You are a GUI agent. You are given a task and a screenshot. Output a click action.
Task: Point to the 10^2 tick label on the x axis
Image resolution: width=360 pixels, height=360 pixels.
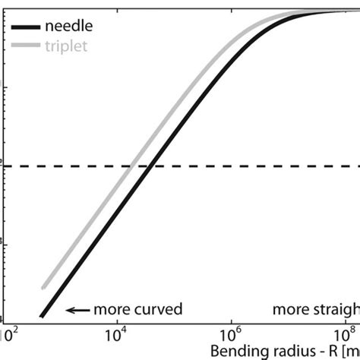coord(8,333)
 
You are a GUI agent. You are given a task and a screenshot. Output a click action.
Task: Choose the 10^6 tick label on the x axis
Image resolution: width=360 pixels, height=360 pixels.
coord(230,333)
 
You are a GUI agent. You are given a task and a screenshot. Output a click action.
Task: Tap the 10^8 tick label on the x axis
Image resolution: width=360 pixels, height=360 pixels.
coord(346,333)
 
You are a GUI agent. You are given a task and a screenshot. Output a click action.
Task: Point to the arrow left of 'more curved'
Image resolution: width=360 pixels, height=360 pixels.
coord(77,310)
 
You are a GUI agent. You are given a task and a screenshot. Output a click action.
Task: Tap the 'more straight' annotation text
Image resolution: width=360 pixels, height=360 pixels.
coord(315,310)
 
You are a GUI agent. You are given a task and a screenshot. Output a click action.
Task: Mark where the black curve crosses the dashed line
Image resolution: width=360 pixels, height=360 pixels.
coord(153,166)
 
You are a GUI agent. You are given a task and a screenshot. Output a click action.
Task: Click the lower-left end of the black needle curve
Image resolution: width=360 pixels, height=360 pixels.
coord(42,316)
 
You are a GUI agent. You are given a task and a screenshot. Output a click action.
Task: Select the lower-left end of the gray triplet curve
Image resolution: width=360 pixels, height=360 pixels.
coord(44,289)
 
